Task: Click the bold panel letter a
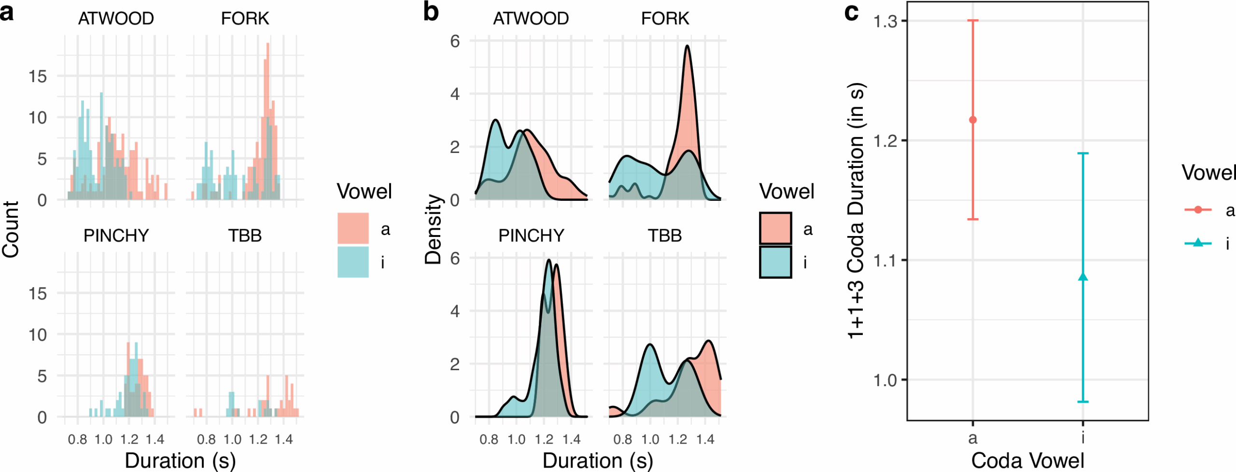(x=7, y=13)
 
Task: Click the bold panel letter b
(x=431, y=12)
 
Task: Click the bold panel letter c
(x=851, y=12)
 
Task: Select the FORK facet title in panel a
(x=245, y=18)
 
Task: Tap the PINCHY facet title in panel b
(x=531, y=236)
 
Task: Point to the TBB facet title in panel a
(x=245, y=236)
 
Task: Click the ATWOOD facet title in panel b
(x=531, y=18)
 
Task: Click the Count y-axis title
(x=11, y=229)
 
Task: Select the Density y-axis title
(x=433, y=229)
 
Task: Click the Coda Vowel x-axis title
(x=1027, y=460)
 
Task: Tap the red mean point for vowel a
(x=973, y=120)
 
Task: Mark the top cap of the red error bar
(x=973, y=20)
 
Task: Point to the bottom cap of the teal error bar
(x=1083, y=402)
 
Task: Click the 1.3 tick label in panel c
(x=885, y=21)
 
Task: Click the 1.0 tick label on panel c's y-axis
(x=885, y=380)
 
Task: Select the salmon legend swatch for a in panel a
(x=353, y=228)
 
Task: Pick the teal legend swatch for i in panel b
(x=775, y=262)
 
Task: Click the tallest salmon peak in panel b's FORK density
(x=687, y=47)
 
